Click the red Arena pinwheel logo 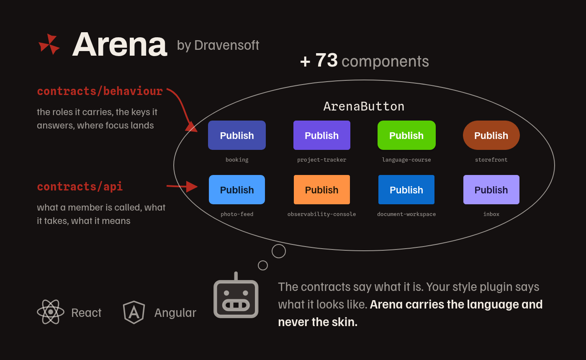pos(49,44)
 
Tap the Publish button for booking pos(237,135)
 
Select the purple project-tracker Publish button pos(322,135)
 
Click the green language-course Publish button pos(406,135)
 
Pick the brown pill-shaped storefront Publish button pos(491,135)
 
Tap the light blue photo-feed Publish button pos(237,190)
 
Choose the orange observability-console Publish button pos(322,190)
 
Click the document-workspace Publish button pos(406,190)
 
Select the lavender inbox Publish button pos(491,190)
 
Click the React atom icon pos(51,312)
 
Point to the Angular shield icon pos(134,312)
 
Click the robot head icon pos(236,295)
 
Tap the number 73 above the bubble pos(326,60)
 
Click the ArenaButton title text pos(364,106)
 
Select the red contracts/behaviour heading pos(100,91)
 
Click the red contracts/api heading pos(80,187)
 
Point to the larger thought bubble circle pos(279,244)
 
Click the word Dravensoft pos(226,45)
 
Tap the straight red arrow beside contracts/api pos(182,186)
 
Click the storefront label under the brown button pos(491,159)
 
